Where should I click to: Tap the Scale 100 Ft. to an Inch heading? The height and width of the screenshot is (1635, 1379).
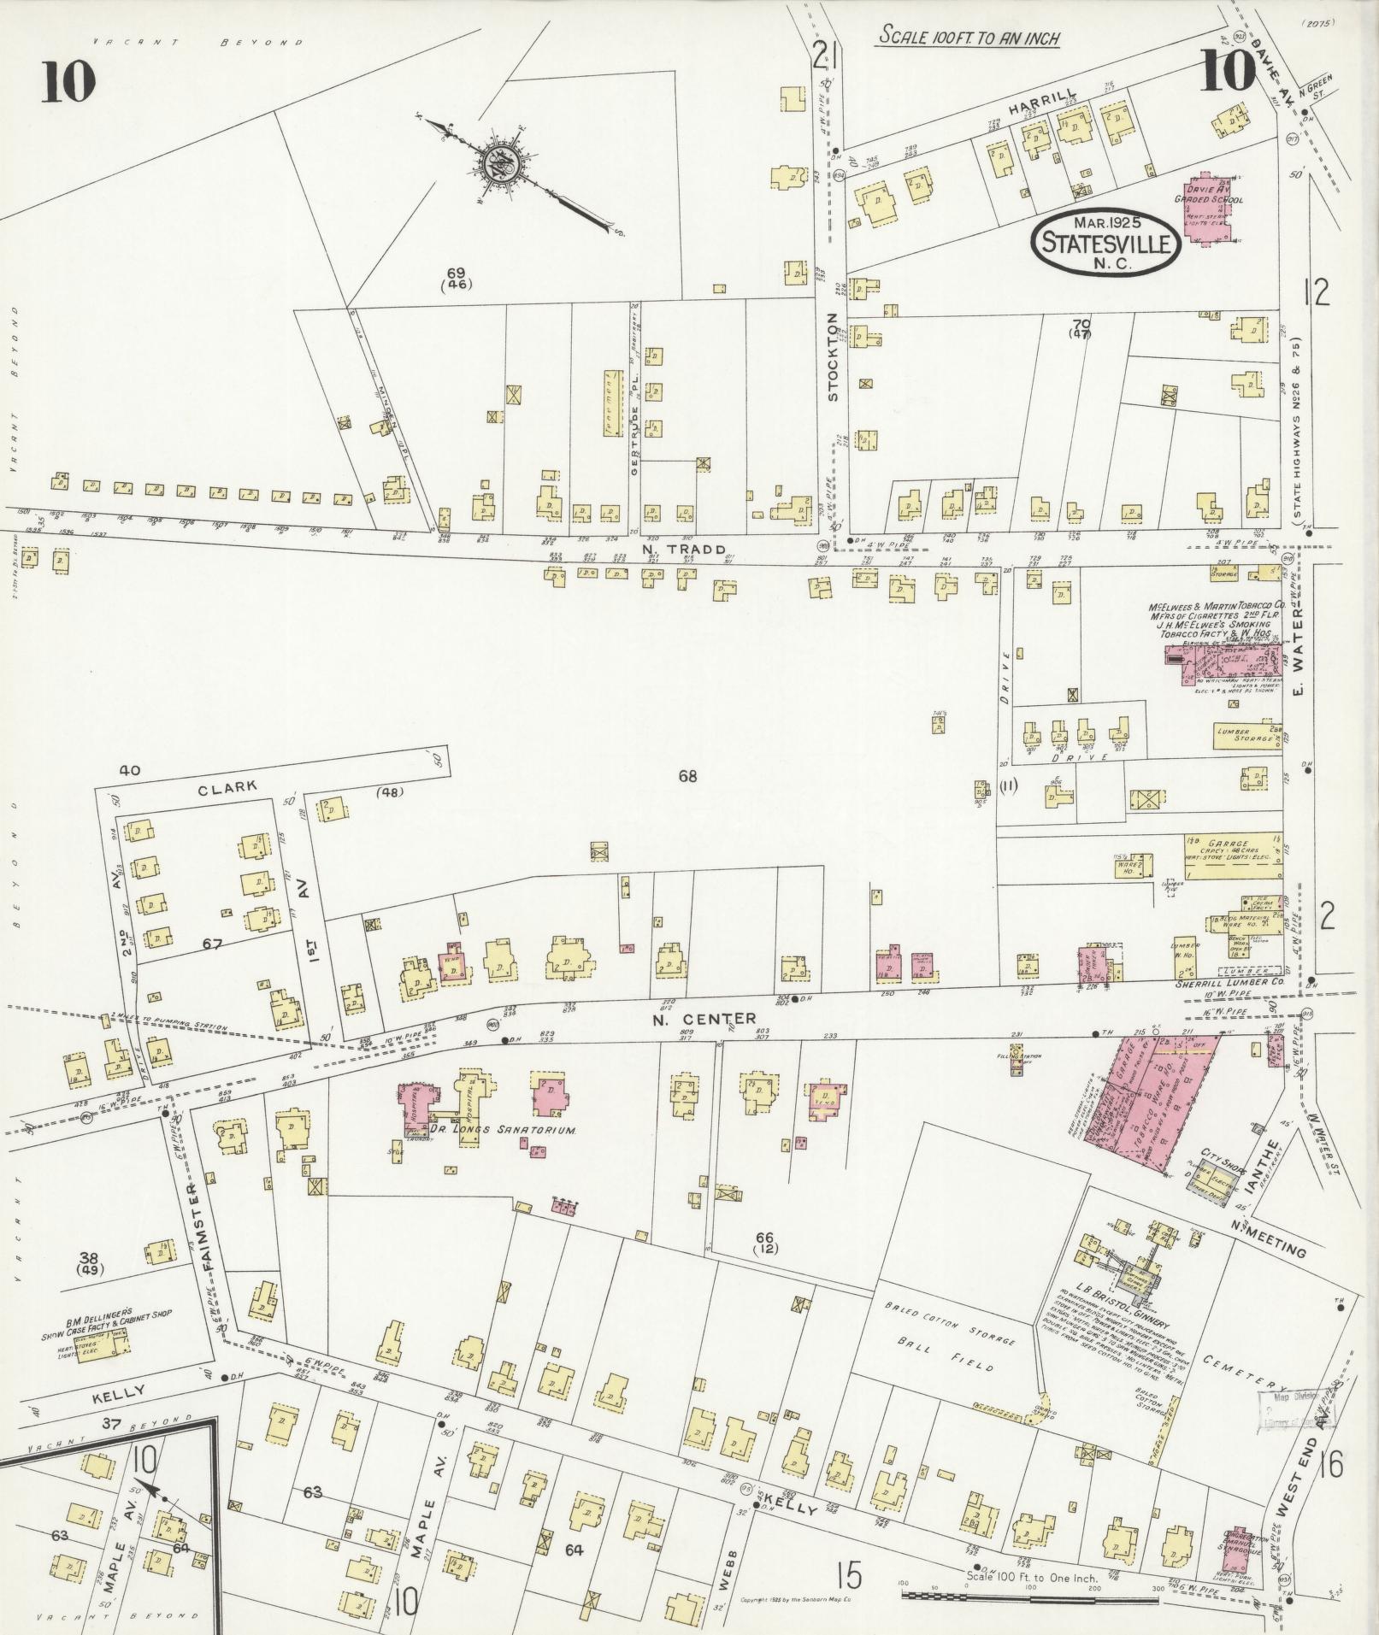tap(969, 38)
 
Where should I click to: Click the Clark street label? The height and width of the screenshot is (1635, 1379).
tap(227, 789)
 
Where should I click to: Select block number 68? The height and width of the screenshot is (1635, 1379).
tap(687, 776)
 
